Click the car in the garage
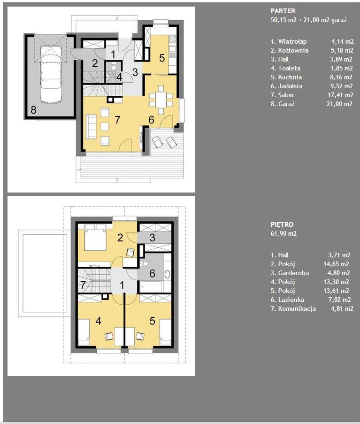click(51, 74)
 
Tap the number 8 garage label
click(33, 110)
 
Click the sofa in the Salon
click(91, 127)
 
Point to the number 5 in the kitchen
click(162, 58)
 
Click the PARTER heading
click(283, 11)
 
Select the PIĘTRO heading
click(282, 224)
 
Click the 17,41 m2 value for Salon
click(340, 95)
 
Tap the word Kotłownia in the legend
click(293, 50)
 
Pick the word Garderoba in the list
click(293, 273)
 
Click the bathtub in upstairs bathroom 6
click(151, 286)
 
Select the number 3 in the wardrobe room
click(152, 238)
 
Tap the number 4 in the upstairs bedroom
click(99, 321)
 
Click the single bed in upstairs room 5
click(165, 332)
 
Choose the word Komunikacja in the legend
click(297, 309)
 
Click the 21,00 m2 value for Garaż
click(339, 104)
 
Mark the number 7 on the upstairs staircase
click(83, 285)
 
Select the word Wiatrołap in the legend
click(292, 41)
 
